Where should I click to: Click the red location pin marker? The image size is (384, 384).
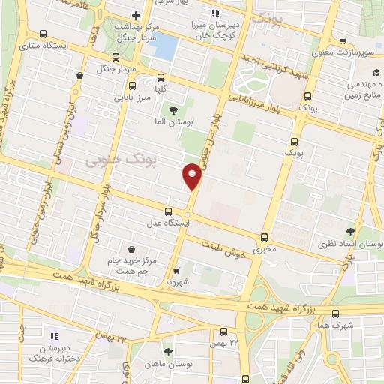pyautogui.click(x=193, y=175)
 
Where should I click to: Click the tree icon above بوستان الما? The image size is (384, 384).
pyautogui.click(x=174, y=111)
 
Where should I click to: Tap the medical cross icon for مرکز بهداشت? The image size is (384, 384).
pyautogui.click(x=135, y=15)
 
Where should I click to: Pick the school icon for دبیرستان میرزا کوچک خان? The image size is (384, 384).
pyautogui.click(x=215, y=13)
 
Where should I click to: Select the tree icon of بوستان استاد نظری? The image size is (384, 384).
pyautogui.click(x=351, y=232)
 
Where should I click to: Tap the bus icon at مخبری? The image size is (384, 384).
pyautogui.click(x=262, y=235)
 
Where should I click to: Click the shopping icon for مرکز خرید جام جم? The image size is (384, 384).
pyautogui.click(x=132, y=249)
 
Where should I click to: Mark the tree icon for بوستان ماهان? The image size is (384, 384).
pyautogui.click(x=168, y=351)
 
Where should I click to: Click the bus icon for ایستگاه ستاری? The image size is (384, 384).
pyautogui.click(x=43, y=34)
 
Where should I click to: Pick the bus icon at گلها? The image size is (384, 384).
pyautogui.click(x=160, y=76)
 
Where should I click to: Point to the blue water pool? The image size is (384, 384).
pyautogui.click(x=165, y=47)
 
